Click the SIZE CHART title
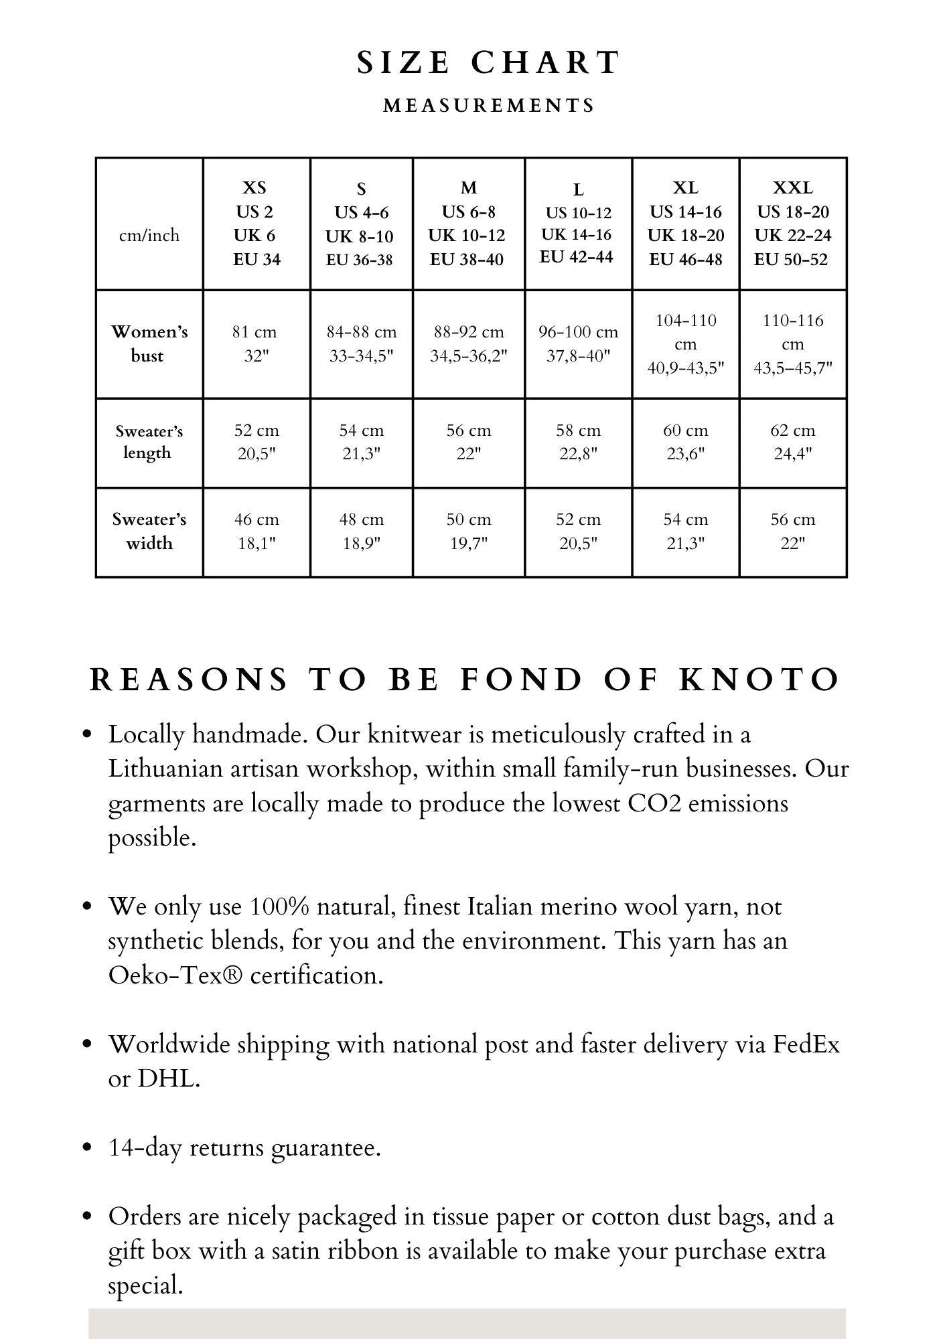point(488,63)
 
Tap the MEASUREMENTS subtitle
point(489,106)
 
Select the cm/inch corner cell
point(149,235)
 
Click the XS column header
point(257,223)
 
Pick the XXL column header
point(792,223)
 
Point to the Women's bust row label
point(149,343)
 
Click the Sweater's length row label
point(149,442)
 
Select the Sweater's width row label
point(149,531)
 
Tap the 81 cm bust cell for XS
point(255,343)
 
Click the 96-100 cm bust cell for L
point(578,343)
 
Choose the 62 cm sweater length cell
point(792,442)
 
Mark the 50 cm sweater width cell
point(469,531)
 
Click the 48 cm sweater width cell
point(362,531)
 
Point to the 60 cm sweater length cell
point(685,442)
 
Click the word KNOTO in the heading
point(759,680)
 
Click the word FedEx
point(806,1044)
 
